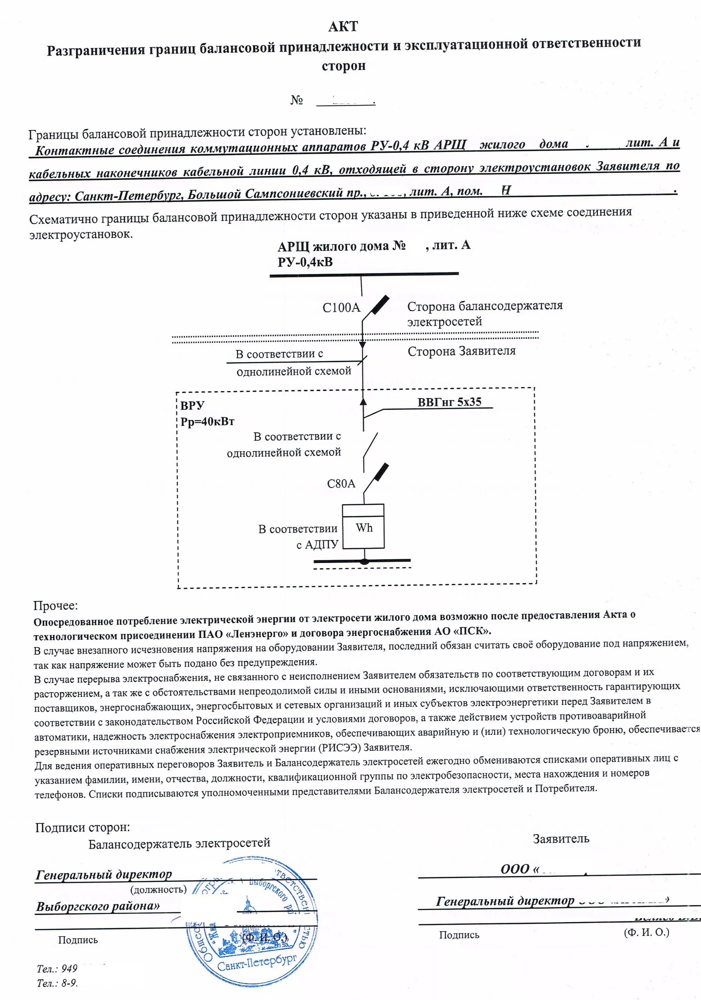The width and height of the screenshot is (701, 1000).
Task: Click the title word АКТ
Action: pos(343,27)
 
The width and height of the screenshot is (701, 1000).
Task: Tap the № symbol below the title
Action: pos(297,100)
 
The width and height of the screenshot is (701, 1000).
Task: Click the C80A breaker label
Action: pos(341,483)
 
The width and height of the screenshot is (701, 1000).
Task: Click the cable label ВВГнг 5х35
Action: pos(449,402)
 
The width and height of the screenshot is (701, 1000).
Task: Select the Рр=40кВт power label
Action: pos(207,422)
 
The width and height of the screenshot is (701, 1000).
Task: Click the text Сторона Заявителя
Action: pos(461,351)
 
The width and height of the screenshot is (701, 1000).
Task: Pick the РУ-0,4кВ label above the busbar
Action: pos(305,262)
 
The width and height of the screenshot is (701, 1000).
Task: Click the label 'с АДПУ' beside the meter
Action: pos(317,545)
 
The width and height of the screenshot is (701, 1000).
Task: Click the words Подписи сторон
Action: pos(82,828)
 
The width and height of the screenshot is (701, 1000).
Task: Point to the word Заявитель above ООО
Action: pos(561,839)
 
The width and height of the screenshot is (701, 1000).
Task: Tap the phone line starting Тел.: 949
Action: pos(57,969)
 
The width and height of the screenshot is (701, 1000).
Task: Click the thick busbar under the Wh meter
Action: pos(362,561)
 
